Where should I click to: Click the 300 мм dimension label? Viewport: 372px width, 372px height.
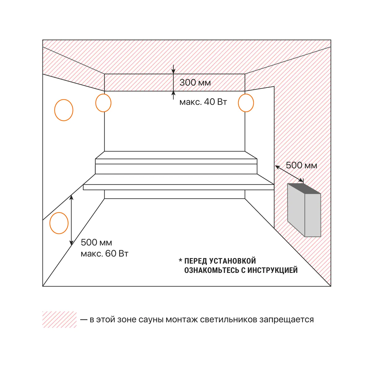point(195,83)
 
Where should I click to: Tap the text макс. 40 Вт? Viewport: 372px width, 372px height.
point(203,102)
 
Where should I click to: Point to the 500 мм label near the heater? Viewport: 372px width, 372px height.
point(301,165)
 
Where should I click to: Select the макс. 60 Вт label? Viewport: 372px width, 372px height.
point(104,253)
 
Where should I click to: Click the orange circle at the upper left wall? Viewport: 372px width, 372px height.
point(55,110)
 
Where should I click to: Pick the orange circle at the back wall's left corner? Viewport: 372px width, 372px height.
point(96,103)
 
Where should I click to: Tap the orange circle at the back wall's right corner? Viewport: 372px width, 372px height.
point(239,103)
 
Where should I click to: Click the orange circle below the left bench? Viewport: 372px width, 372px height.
point(50,223)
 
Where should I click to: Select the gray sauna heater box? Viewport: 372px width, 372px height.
point(304,210)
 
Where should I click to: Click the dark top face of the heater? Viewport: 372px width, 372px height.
point(304,189)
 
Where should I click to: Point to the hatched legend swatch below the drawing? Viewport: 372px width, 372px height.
point(59,319)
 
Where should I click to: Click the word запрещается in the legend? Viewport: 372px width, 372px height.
point(287,320)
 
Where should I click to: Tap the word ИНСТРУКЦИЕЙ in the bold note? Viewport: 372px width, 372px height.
point(273,270)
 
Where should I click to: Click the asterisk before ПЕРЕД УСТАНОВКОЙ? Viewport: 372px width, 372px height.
point(181,260)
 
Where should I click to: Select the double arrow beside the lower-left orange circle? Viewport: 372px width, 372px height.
point(72,220)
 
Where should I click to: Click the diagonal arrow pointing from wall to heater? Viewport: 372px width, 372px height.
point(289,174)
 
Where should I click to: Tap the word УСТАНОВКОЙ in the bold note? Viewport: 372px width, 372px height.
point(232,261)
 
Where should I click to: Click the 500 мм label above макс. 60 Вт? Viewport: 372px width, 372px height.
point(96,243)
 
